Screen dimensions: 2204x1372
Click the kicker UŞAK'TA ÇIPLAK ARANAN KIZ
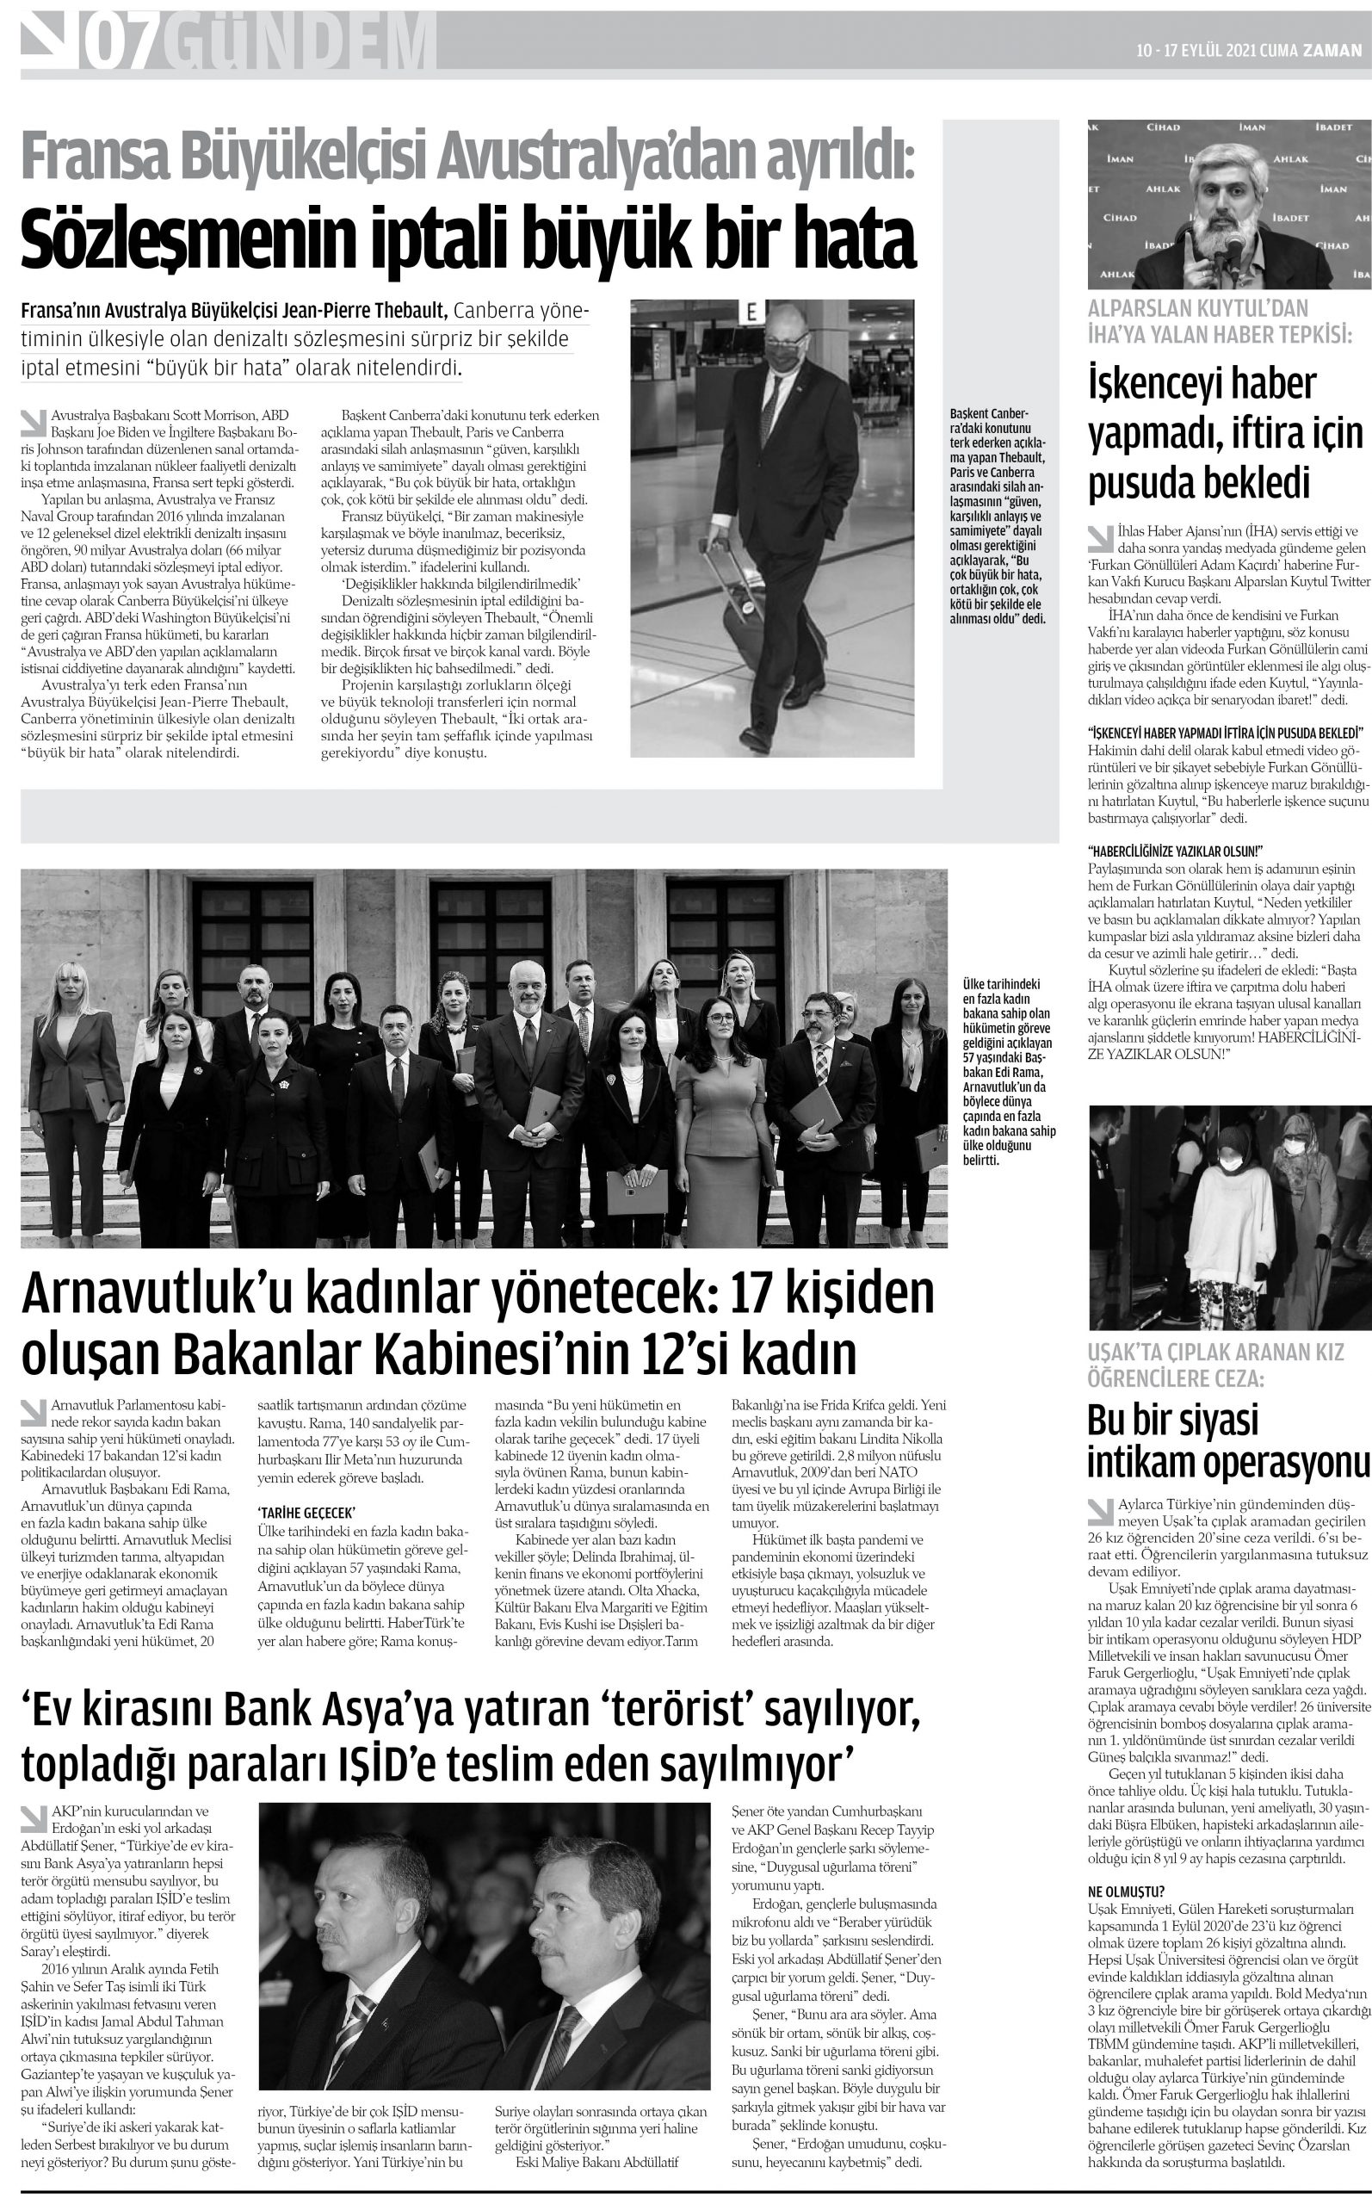click(x=1215, y=1352)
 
